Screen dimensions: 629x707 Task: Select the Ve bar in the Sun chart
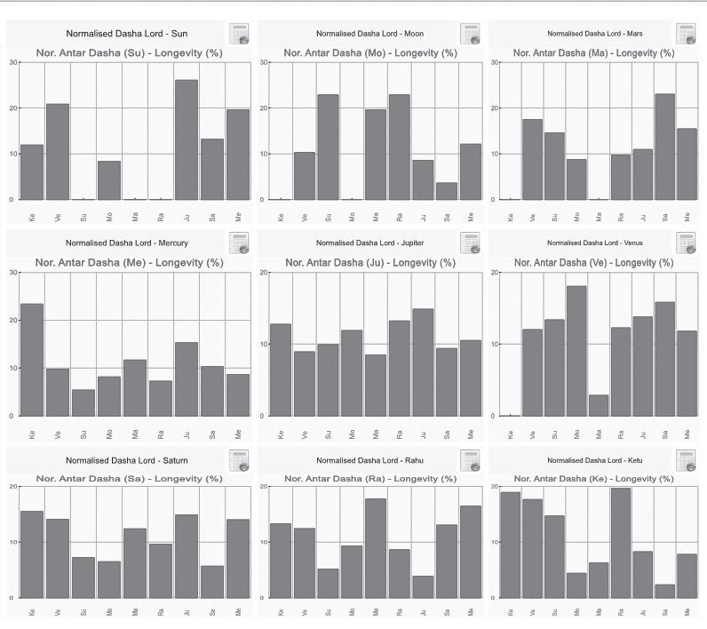(58, 151)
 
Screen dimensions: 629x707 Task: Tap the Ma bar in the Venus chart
(599, 405)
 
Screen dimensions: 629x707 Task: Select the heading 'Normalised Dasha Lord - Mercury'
(115, 242)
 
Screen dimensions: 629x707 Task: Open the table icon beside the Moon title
(471, 34)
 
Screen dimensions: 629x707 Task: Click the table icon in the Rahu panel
(471, 460)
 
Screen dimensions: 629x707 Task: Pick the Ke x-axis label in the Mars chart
(504, 216)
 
